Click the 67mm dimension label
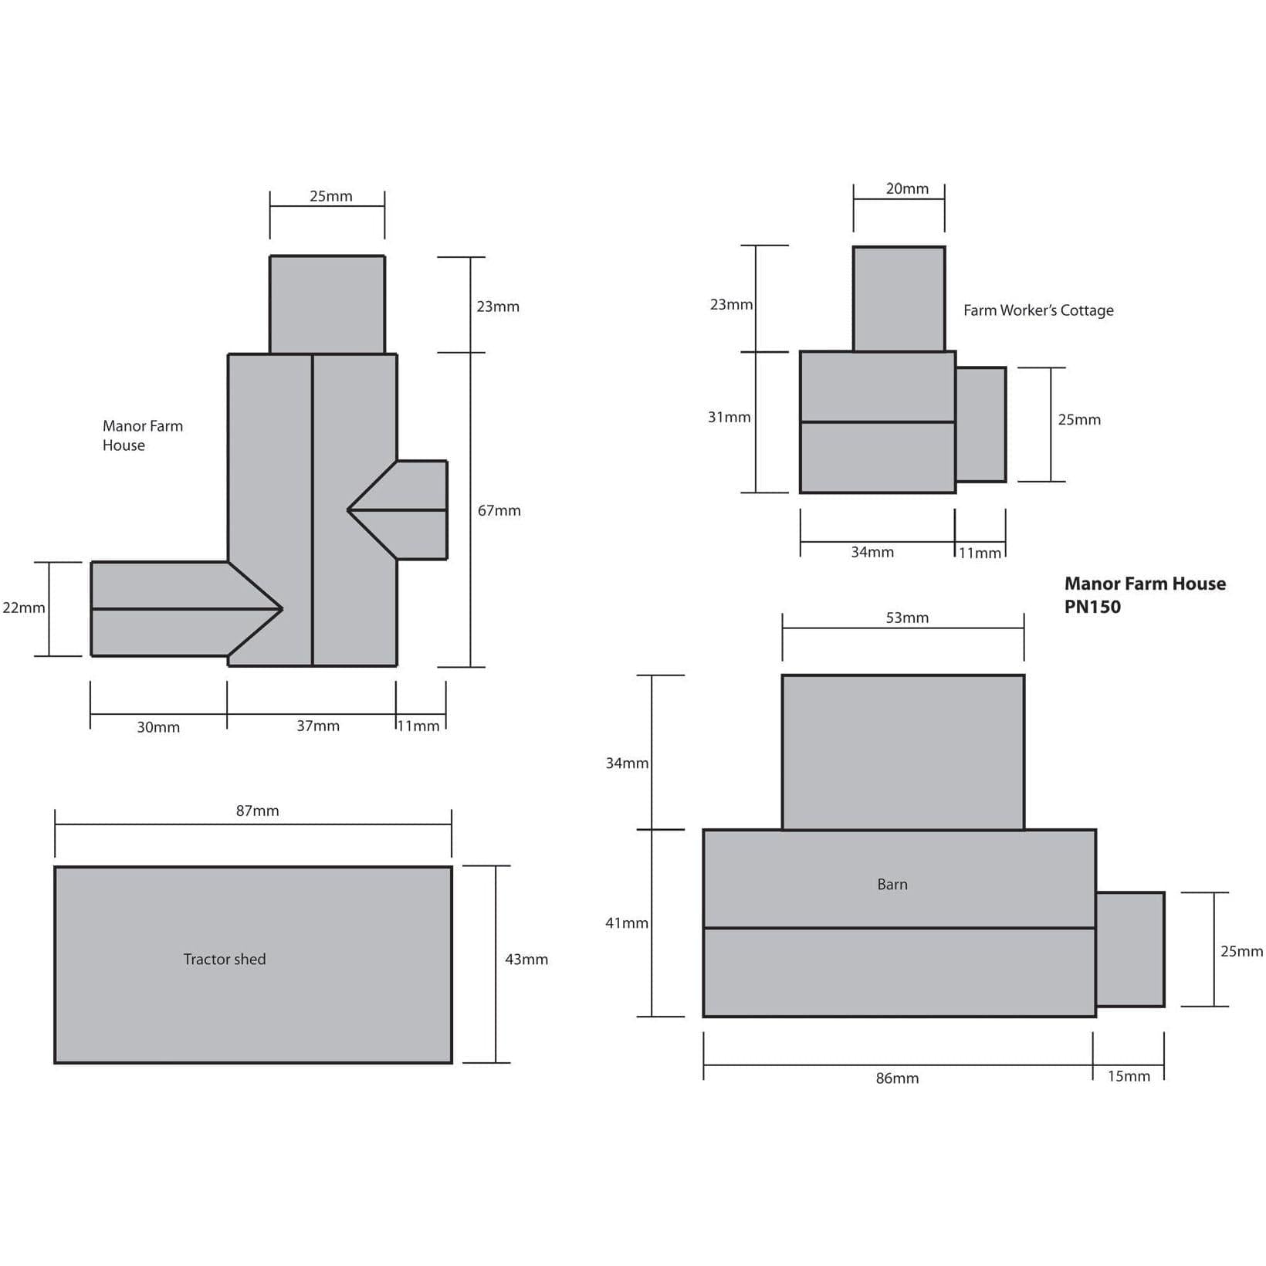coord(499,510)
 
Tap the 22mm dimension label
coord(24,608)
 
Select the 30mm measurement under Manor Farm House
coord(158,727)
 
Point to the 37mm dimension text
coord(318,726)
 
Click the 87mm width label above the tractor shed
coord(257,811)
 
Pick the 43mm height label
coord(526,960)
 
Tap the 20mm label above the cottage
coord(907,188)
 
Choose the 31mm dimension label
coord(729,417)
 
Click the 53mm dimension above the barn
coord(907,618)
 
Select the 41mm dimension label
coord(627,922)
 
